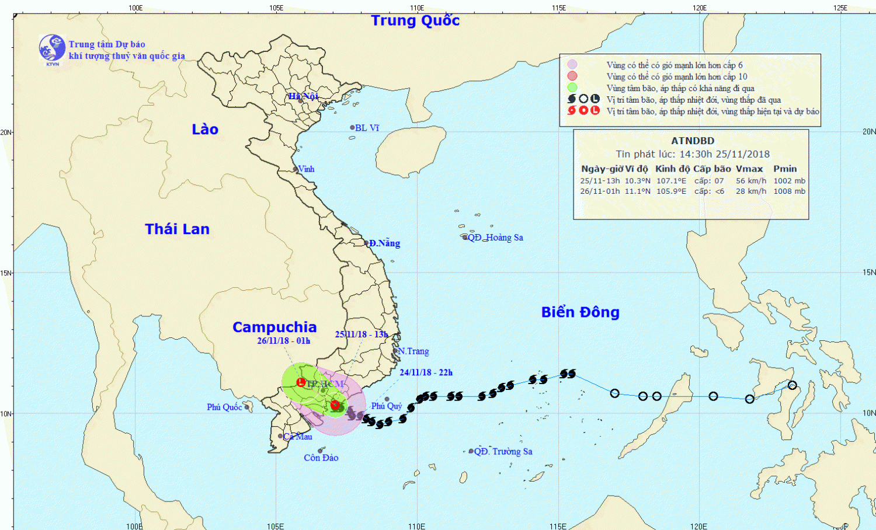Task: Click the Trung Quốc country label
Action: (x=415, y=20)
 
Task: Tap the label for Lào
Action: (x=205, y=130)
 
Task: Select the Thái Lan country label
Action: (x=177, y=229)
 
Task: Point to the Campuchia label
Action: (x=274, y=327)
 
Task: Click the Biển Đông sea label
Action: (x=580, y=312)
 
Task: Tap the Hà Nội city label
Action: (x=303, y=96)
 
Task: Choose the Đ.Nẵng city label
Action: (x=384, y=243)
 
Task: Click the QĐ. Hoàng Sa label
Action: (x=495, y=238)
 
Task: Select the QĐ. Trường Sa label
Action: (x=503, y=451)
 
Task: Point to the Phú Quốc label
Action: (x=224, y=407)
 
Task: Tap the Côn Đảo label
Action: (x=321, y=458)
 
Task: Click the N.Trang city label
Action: (x=413, y=351)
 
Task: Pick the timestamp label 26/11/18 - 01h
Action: (x=283, y=341)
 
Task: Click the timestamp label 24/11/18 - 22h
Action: (x=426, y=372)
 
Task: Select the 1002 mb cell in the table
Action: (x=789, y=181)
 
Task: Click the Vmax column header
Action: (x=749, y=169)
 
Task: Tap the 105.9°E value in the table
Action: (x=671, y=191)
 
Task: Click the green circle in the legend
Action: (x=572, y=88)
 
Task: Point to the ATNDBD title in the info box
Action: (x=693, y=141)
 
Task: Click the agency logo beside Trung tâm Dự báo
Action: (x=52, y=48)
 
